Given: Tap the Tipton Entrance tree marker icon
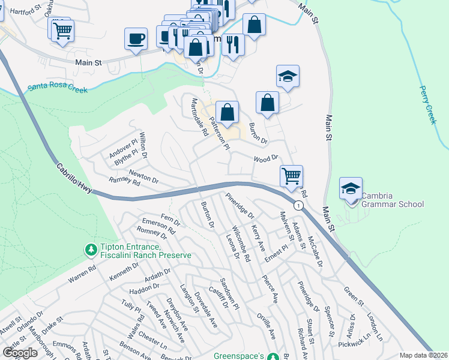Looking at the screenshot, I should [90, 248].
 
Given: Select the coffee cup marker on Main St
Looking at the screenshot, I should [135, 40].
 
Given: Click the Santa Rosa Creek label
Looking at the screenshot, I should [58, 89].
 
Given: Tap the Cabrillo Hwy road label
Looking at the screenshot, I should [75, 178].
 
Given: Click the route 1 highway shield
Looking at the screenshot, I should [297, 205].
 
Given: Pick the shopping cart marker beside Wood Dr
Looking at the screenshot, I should [291, 176].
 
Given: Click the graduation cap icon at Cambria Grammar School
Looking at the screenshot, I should [351, 188].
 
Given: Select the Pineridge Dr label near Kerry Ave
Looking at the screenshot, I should [240, 205].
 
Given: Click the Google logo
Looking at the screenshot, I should [20, 352].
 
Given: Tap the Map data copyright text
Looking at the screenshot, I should [424, 355].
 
